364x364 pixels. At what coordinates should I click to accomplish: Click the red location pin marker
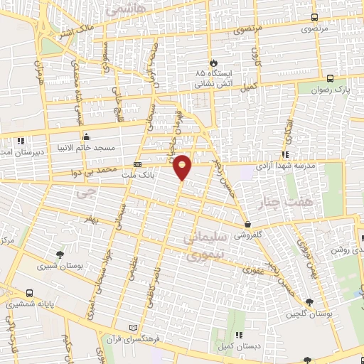(183, 167)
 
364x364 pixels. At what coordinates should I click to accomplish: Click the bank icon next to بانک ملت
(136, 166)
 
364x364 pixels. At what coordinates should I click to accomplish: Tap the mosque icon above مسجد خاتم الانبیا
(86, 137)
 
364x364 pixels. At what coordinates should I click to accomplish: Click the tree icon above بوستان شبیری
(59, 254)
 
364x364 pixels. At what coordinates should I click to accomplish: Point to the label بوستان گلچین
(308, 314)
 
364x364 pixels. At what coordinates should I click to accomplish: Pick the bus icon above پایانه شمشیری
(29, 292)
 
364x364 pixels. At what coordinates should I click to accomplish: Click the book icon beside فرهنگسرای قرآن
(130, 328)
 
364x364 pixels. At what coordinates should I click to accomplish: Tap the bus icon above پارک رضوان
(330, 79)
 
